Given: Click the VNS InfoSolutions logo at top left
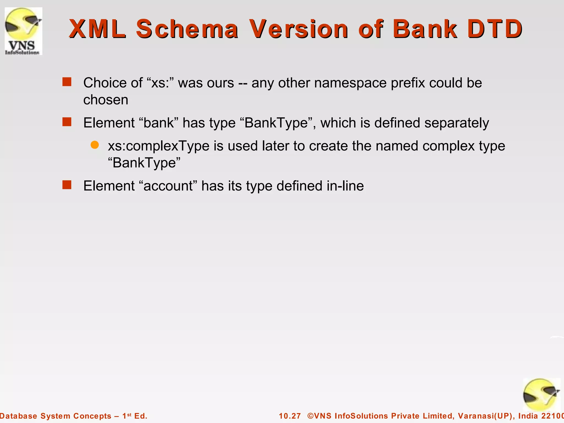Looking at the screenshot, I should point(23,31).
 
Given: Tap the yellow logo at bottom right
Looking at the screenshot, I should point(541,395).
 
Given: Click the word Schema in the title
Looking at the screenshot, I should point(187,29).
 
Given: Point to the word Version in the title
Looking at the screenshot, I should point(299,29).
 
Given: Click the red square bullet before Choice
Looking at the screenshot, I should point(67,82).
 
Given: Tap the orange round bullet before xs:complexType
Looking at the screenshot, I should point(95,145).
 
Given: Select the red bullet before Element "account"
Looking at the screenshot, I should point(67,185).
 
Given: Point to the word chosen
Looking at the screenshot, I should point(106,100).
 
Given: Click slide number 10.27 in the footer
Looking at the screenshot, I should point(290,416).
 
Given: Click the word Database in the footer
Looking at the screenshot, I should point(18,416).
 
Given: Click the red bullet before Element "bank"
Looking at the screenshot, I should point(67,122).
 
